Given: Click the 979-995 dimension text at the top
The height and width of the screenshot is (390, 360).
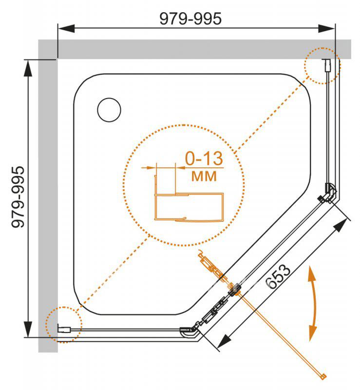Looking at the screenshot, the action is point(190,19).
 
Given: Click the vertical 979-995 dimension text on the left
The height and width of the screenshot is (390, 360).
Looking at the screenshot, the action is point(18,197).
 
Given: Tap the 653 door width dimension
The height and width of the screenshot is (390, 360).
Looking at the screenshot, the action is point(278,276).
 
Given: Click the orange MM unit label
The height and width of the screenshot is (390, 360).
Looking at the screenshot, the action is point(204,176).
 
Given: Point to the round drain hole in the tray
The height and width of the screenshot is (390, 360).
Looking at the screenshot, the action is point(109,110).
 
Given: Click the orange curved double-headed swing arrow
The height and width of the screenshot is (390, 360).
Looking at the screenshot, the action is point(313,303).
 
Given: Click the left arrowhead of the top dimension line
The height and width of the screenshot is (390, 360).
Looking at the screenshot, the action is point(66,28).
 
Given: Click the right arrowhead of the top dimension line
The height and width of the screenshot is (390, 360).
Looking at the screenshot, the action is point(327,28).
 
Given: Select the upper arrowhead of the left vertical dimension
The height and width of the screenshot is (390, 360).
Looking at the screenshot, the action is point(28,68).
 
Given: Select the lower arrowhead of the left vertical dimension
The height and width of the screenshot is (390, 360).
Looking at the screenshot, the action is point(28,329).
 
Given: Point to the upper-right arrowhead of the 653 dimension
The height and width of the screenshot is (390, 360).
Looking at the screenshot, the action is point(341,226).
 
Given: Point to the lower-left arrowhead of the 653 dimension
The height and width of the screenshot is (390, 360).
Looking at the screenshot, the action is point(224,341).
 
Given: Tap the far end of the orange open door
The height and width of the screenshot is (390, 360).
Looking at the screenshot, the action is point(323,377).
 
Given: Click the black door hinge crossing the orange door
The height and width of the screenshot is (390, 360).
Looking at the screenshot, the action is point(234,289).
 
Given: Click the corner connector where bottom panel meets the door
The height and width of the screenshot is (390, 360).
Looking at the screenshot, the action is point(189,331).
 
